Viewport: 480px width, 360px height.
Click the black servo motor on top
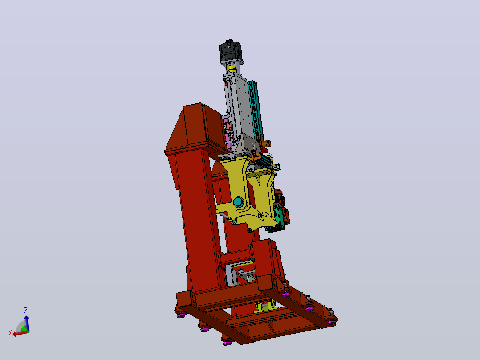(231, 52)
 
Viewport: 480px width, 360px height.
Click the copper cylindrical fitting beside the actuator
(267, 143)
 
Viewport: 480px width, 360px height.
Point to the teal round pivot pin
(239, 202)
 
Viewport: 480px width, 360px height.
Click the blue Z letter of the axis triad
(26, 311)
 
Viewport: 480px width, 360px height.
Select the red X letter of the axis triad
(10, 333)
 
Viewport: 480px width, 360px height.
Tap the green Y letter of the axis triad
(22, 325)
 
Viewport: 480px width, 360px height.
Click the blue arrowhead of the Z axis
(27, 319)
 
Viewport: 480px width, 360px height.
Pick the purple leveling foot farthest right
(332, 322)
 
